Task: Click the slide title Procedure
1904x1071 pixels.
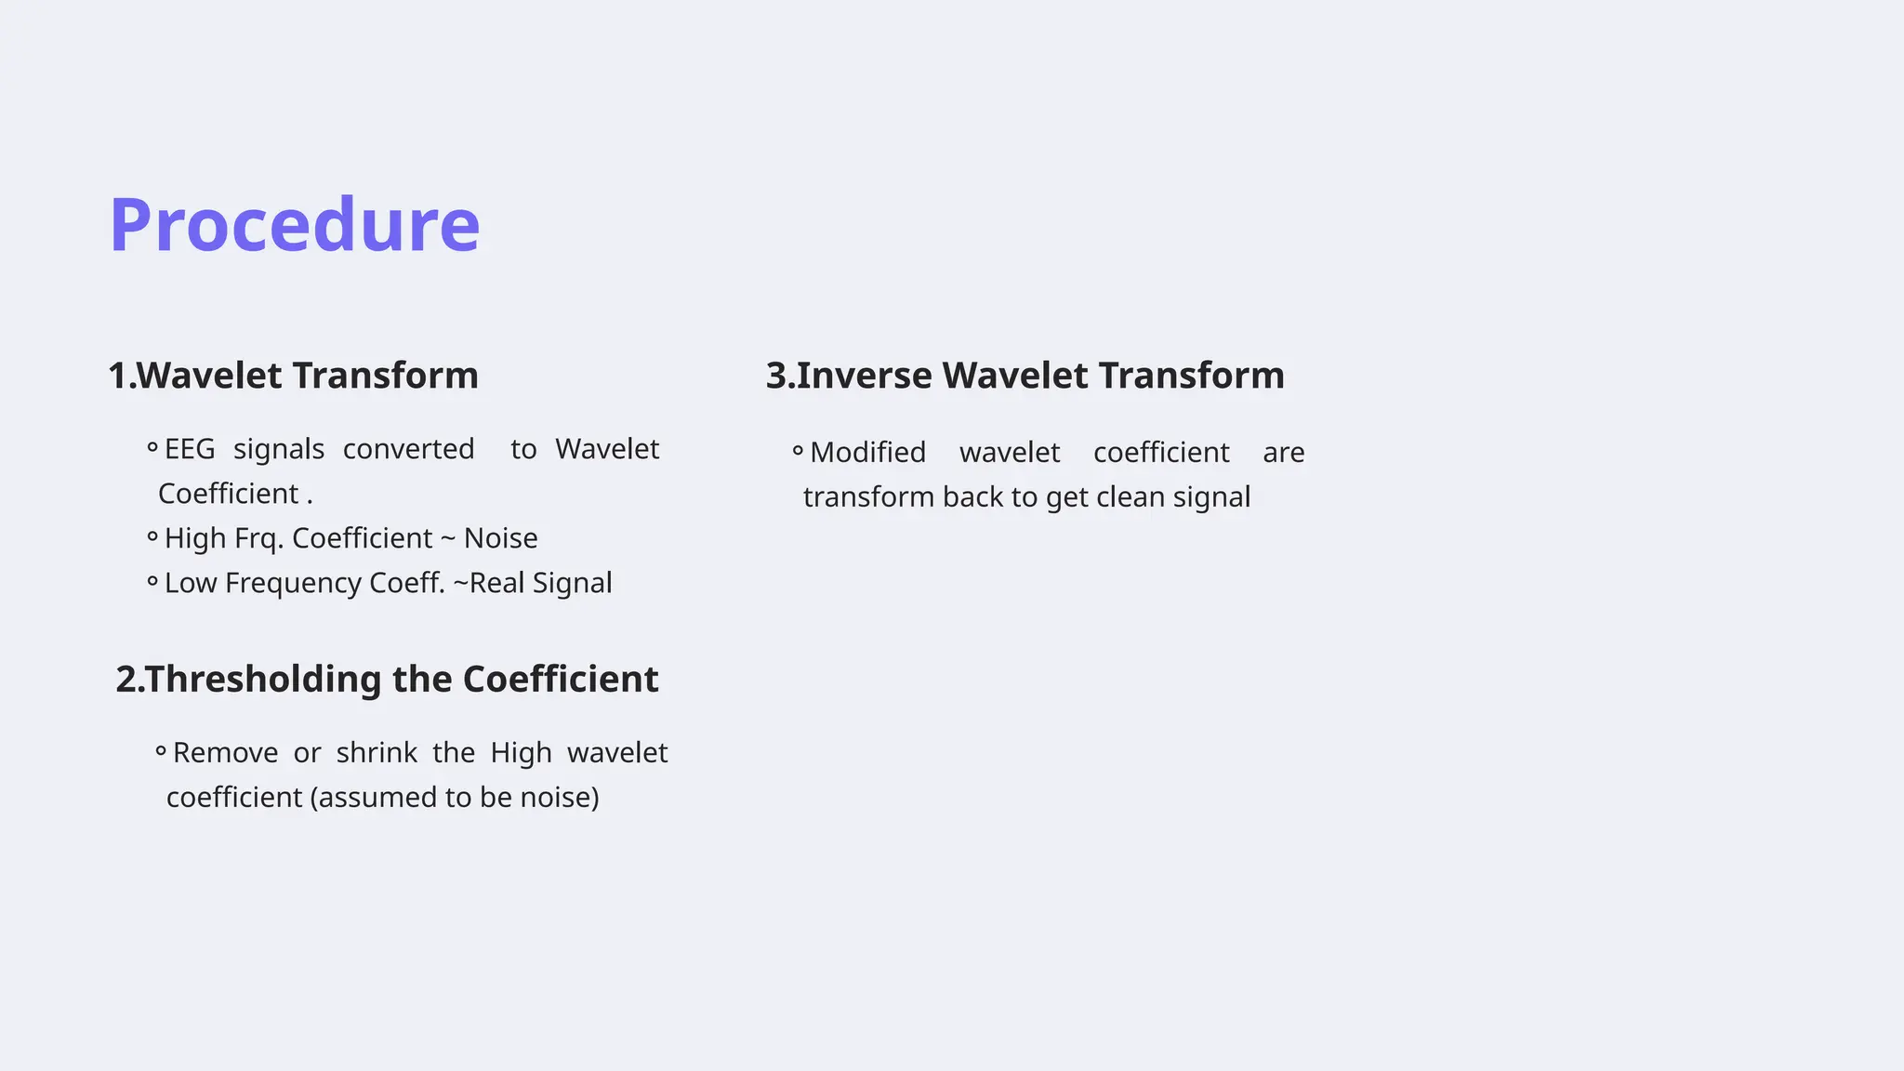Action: (295, 225)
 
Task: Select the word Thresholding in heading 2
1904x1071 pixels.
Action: (263, 680)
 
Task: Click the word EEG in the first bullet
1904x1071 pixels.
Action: (190, 449)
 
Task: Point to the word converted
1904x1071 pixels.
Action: (408, 449)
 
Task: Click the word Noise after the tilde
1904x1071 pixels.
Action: (500, 538)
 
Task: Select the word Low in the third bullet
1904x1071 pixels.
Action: (190, 583)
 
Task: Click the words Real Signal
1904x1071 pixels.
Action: (540, 583)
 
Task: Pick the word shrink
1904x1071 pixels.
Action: (377, 752)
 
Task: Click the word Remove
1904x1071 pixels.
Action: (225, 752)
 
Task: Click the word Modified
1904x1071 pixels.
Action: (867, 453)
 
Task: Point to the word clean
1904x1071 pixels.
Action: (1130, 497)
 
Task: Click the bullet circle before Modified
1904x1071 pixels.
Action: (798, 452)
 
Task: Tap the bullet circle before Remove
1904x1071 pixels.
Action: (161, 751)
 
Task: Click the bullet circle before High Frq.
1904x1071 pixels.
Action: (152, 537)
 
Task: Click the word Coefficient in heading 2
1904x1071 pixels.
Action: (560, 680)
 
